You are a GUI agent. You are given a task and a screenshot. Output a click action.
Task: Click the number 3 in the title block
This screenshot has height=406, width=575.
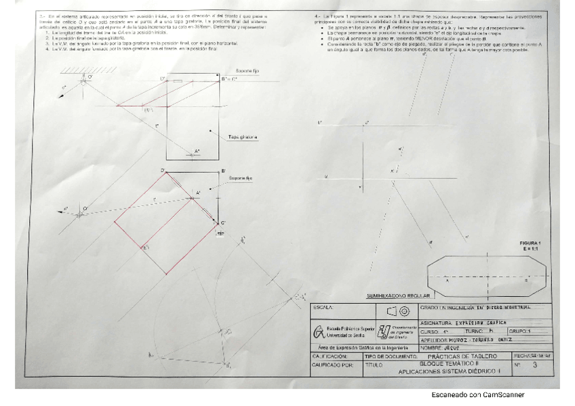click(535, 365)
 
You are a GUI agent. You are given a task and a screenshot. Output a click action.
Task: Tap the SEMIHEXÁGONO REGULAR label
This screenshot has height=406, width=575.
click(399, 296)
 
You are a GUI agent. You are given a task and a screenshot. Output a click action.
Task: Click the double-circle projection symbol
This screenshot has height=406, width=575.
click(403, 311)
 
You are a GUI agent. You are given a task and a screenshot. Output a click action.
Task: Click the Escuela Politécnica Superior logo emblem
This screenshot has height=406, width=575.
click(319, 332)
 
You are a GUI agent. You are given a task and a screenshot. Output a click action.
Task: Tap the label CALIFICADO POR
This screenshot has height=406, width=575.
click(333, 364)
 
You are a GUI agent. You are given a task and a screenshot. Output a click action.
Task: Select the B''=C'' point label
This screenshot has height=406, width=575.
click(229, 79)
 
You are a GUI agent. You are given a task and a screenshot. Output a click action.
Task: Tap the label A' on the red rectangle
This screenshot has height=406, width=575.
click(198, 195)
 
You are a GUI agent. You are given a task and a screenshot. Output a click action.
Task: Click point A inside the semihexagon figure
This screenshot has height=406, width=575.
click(447, 278)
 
